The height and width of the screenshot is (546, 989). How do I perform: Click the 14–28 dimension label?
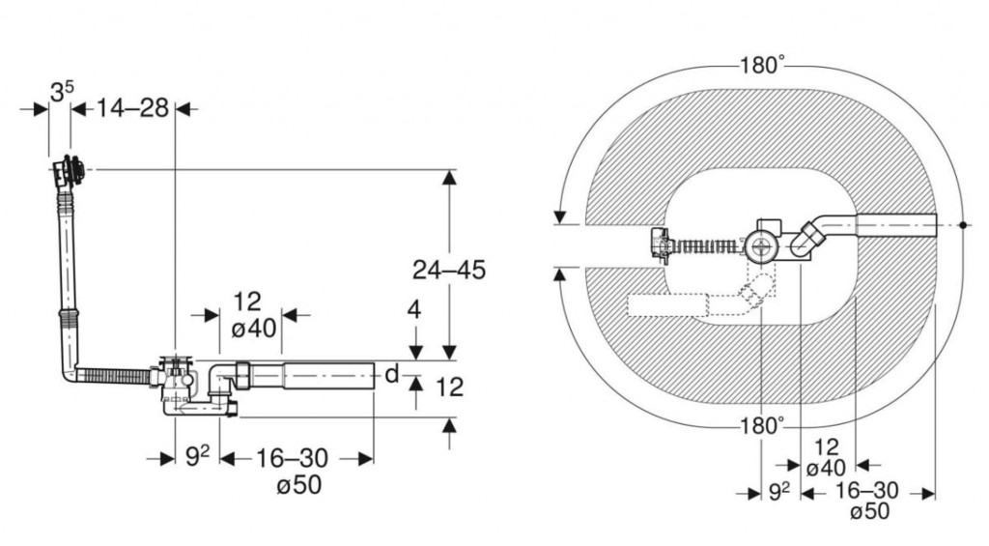pyautogui.click(x=132, y=108)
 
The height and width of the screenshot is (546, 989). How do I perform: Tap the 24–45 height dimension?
pyautogui.click(x=449, y=271)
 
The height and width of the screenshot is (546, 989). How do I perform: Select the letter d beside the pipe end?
pyautogui.click(x=392, y=374)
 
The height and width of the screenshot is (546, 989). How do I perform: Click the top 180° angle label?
pyautogui.click(x=763, y=65)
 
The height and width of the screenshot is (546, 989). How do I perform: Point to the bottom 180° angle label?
pyautogui.click(x=762, y=426)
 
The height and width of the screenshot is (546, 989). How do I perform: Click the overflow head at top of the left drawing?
pyautogui.click(x=69, y=170)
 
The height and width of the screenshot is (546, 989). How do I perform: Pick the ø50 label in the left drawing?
pyautogui.click(x=299, y=485)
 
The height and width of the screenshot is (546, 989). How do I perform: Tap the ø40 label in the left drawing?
pyautogui.click(x=254, y=329)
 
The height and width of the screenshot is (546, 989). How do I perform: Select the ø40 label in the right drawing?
pyautogui.click(x=827, y=469)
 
